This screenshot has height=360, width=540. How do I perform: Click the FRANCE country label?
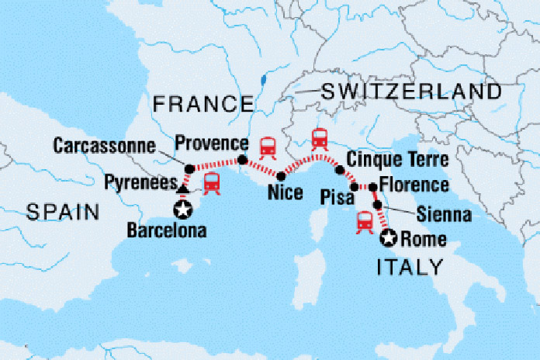click(x=203, y=103)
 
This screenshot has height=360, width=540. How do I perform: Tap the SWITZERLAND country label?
click(x=412, y=92)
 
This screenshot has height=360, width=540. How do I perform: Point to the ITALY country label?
click(x=410, y=268)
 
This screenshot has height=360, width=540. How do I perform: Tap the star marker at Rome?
click(x=388, y=240)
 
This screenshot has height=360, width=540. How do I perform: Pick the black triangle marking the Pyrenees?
click(x=182, y=188)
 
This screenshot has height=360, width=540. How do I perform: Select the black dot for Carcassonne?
click(x=189, y=168)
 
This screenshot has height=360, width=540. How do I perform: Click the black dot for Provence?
click(x=241, y=160)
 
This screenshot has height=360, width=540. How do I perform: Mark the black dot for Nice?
click(x=280, y=176)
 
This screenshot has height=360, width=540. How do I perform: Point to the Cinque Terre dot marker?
click(x=338, y=168)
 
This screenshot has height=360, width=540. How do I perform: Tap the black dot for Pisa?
click(x=355, y=187)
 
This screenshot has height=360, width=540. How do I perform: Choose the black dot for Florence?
click(x=372, y=186)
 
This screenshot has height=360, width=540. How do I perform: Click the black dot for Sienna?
click(x=378, y=205)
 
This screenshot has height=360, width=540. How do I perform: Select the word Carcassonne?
click(x=104, y=145)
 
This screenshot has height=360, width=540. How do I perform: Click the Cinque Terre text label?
click(x=398, y=161)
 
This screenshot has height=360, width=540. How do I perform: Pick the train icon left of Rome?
click(x=363, y=222)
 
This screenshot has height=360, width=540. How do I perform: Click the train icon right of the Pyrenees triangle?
click(x=211, y=183)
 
